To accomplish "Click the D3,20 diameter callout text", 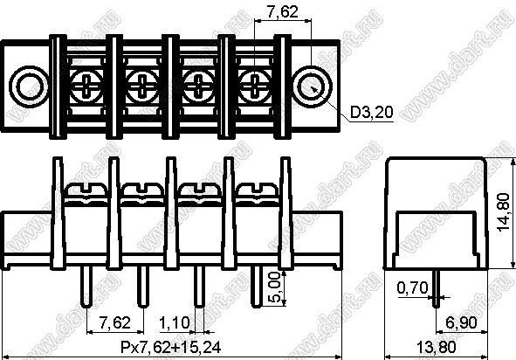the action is (372, 113).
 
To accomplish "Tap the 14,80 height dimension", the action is (504, 212).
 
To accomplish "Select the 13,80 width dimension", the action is (437, 347).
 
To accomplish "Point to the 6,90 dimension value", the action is (461, 322).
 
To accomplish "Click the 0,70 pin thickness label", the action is (413, 288).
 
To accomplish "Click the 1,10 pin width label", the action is (175, 323).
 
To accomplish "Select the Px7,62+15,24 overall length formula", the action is (171, 347).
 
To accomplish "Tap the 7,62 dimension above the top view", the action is (282, 12).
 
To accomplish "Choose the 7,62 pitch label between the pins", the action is (115, 322).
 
